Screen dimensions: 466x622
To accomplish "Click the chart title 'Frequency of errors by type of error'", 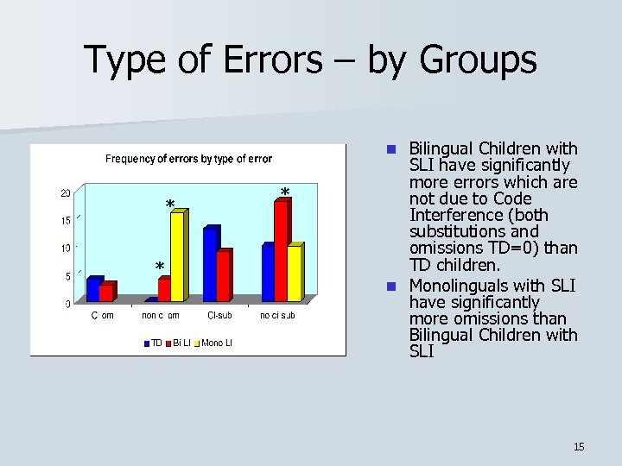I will [x=188, y=159].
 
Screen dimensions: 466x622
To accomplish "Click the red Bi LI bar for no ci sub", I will [x=280, y=250].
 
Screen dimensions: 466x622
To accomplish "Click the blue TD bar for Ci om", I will [x=93, y=290].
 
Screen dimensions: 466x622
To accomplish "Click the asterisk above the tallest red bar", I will [x=284, y=192].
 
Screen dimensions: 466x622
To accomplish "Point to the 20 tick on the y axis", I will [x=66, y=193].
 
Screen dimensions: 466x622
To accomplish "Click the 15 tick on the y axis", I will [x=66, y=221].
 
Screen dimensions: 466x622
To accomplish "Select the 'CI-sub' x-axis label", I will [x=219, y=316].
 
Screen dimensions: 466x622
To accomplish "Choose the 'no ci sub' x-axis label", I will [x=277, y=316].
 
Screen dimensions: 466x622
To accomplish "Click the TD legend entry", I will [x=153, y=343].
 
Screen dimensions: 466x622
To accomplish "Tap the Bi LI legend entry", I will [x=180, y=343].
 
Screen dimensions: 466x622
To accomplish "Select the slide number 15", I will [x=579, y=446].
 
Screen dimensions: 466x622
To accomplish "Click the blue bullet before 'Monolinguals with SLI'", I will [x=391, y=286].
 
